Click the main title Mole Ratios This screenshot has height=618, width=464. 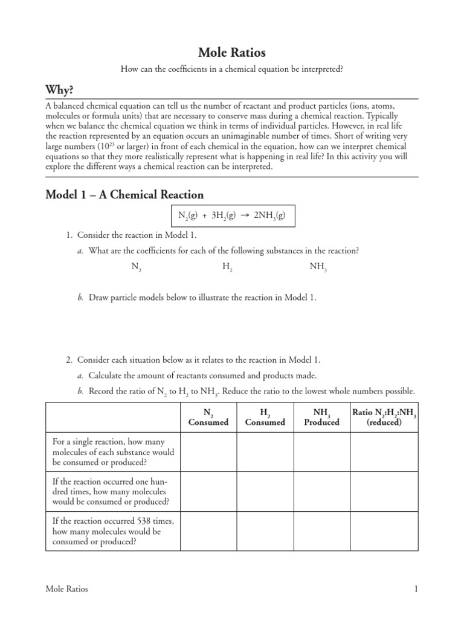232,53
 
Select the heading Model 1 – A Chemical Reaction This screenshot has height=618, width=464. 125,194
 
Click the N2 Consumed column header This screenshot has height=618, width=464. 208,418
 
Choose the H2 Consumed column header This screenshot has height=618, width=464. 265,418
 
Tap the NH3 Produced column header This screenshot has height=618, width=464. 321,418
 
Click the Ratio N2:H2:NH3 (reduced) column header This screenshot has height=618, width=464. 384,418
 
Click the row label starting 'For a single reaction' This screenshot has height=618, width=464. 113,452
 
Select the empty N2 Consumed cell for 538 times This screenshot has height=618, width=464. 208,531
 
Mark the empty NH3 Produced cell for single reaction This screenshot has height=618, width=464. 321,452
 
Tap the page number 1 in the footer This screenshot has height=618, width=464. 416,589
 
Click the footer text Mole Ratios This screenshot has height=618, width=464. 66,589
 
